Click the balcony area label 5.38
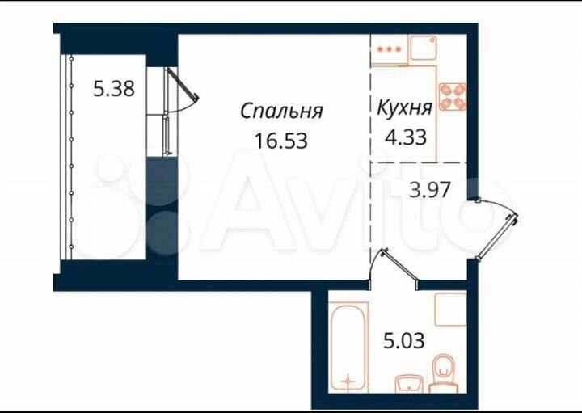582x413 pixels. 114,89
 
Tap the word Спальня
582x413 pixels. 282,112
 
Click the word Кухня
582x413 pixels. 404,105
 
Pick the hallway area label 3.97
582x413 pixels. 429,192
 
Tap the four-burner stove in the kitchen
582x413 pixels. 453,96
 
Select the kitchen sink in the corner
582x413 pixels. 424,48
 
